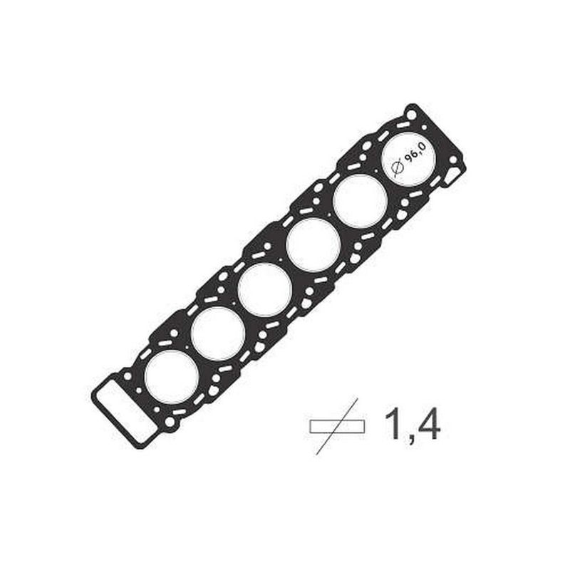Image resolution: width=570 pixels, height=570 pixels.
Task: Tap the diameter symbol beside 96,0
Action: coord(398,167)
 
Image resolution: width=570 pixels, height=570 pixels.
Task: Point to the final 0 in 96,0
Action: coord(422,146)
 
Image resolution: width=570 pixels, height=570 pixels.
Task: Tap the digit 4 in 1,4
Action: coord(428,423)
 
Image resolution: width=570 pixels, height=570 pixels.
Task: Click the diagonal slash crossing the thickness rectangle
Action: coord(337,426)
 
